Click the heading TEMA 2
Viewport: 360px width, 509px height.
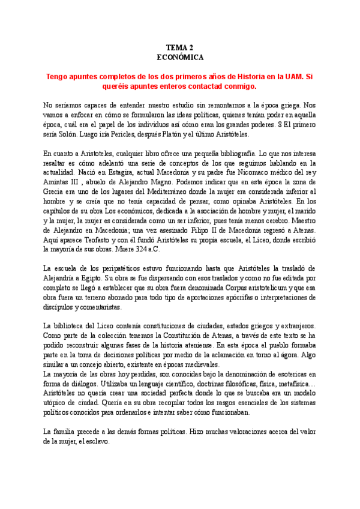(180, 47)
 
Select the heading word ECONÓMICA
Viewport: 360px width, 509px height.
(180, 57)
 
